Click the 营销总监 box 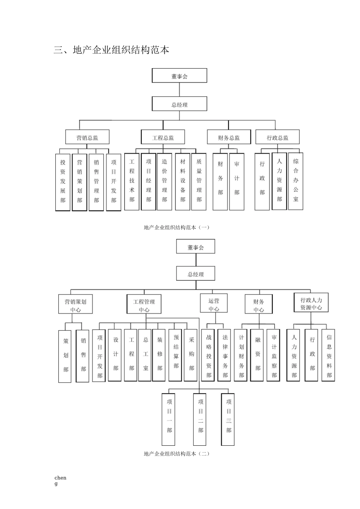87,137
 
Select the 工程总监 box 163,137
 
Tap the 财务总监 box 229,137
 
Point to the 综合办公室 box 296,181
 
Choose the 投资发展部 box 63,182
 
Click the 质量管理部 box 199,181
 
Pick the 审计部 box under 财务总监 237,181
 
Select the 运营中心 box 214,304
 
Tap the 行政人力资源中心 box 311,303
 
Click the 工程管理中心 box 144,305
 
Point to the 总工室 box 146,354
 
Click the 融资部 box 258,354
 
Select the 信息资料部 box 329,355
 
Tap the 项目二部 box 200,419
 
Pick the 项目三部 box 229,419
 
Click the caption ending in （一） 177,227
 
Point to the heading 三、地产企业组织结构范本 111,50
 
